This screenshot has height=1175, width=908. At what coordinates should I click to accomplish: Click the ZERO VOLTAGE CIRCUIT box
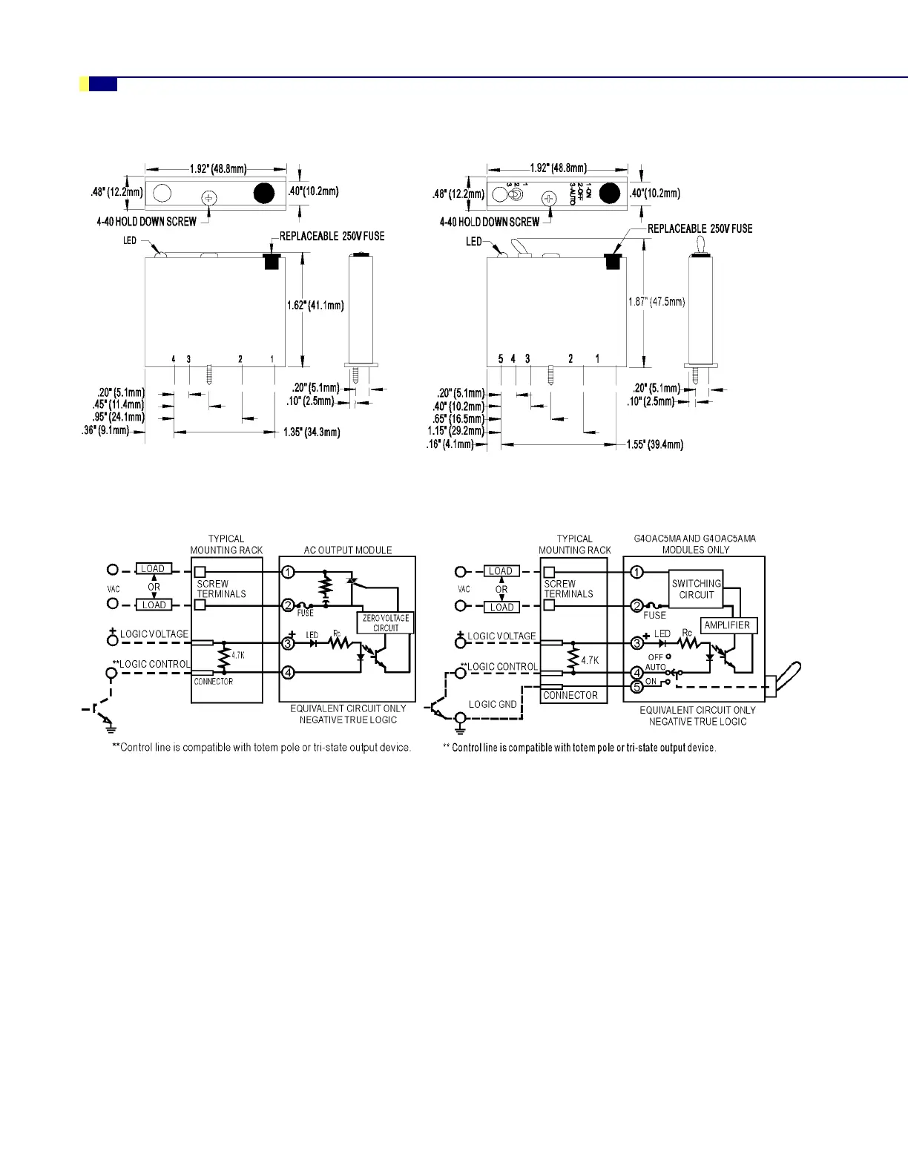coord(386,622)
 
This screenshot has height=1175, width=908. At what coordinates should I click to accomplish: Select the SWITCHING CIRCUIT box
coord(696,589)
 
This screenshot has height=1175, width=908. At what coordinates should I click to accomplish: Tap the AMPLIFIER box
coord(727,625)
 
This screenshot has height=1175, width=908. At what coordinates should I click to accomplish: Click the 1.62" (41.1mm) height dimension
coord(316,306)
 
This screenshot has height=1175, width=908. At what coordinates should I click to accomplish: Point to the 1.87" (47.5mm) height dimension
coord(657,302)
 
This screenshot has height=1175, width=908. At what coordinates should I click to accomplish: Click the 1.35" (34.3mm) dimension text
coord(312,432)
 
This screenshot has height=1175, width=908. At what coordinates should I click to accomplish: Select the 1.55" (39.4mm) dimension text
coord(654,444)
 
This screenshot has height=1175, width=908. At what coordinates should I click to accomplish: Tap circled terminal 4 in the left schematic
coord(289,673)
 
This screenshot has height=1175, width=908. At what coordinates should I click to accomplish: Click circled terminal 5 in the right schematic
coord(636,687)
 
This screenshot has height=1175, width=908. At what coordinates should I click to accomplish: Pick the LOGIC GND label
coord(493,704)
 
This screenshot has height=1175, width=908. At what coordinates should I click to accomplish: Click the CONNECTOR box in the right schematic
coord(570,695)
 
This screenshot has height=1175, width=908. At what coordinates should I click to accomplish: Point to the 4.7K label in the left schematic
coord(237,655)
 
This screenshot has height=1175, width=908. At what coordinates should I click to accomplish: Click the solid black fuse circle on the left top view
coord(264,194)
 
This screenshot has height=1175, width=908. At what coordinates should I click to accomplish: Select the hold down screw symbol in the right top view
coord(549,198)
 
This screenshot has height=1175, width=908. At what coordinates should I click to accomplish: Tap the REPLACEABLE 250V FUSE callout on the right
coord(700,228)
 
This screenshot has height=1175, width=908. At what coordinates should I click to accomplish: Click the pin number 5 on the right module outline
coord(501,359)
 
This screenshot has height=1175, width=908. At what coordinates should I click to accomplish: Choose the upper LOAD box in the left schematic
coord(154,569)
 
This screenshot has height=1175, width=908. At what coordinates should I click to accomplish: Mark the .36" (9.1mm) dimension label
coord(105,430)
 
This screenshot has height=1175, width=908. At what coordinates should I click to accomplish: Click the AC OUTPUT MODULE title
coord(348,550)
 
